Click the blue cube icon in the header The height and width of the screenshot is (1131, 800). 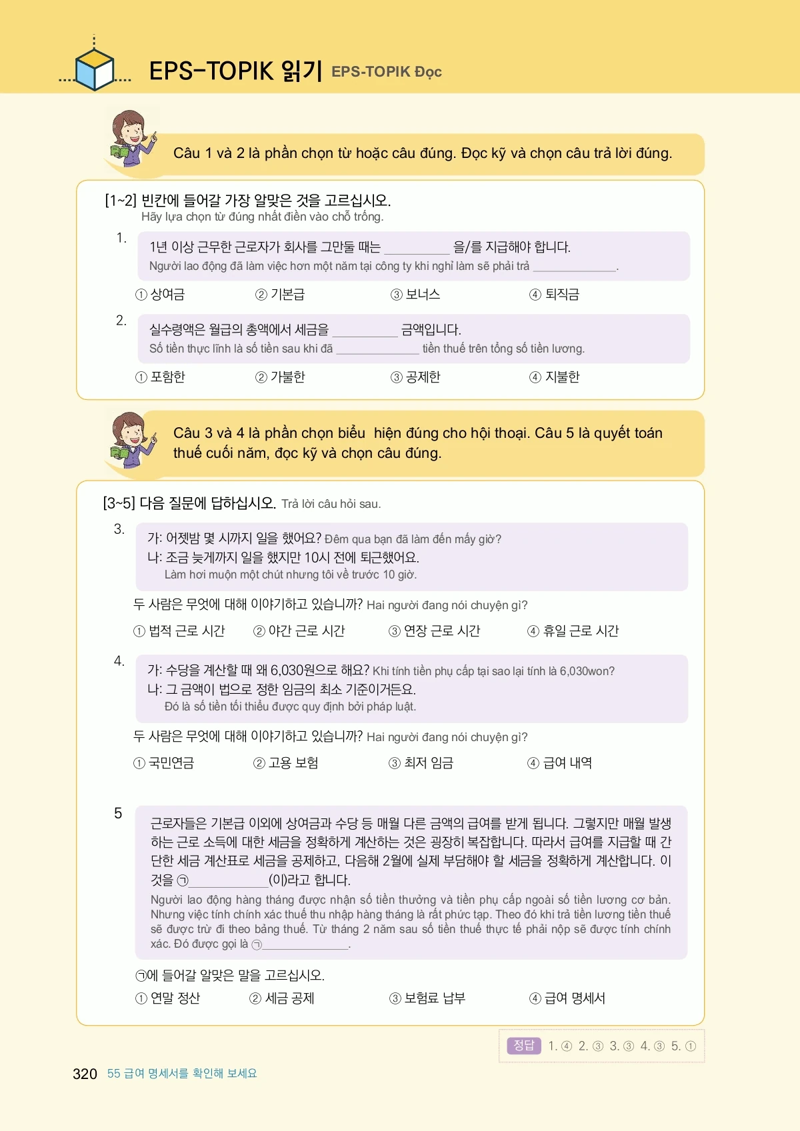[x=94, y=70]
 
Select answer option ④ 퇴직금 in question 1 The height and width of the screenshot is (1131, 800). [x=554, y=295]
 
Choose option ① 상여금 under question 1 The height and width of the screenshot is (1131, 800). [x=160, y=295]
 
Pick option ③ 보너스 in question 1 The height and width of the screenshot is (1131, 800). [x=415, y=295]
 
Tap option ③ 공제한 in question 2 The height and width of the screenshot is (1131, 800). [x=415, y=377]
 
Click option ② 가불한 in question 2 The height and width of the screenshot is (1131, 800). [x=280, y=377]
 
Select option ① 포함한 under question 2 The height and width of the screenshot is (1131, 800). [x=160, y=377]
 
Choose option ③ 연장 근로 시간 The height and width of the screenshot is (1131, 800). [x=435, y=631]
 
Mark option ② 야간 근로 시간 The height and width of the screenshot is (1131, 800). [x=299, y=631]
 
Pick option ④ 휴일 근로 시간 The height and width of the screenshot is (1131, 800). [x=573, y=631]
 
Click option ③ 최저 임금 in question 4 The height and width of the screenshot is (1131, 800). [x=421, y=763]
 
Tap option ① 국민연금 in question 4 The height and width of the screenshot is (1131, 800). [x=164, y=763]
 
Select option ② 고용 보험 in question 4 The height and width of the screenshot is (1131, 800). [x=286, y=763]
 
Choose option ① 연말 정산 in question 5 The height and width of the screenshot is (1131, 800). [x=168, y=998]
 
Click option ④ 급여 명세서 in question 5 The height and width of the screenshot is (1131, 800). [x=567, y=998]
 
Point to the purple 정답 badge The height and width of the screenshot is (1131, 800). [x=524, y=1046]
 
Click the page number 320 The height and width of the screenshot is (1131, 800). [x=85, y=1074]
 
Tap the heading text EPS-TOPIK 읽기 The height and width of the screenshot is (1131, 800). [x=235, y=71]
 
